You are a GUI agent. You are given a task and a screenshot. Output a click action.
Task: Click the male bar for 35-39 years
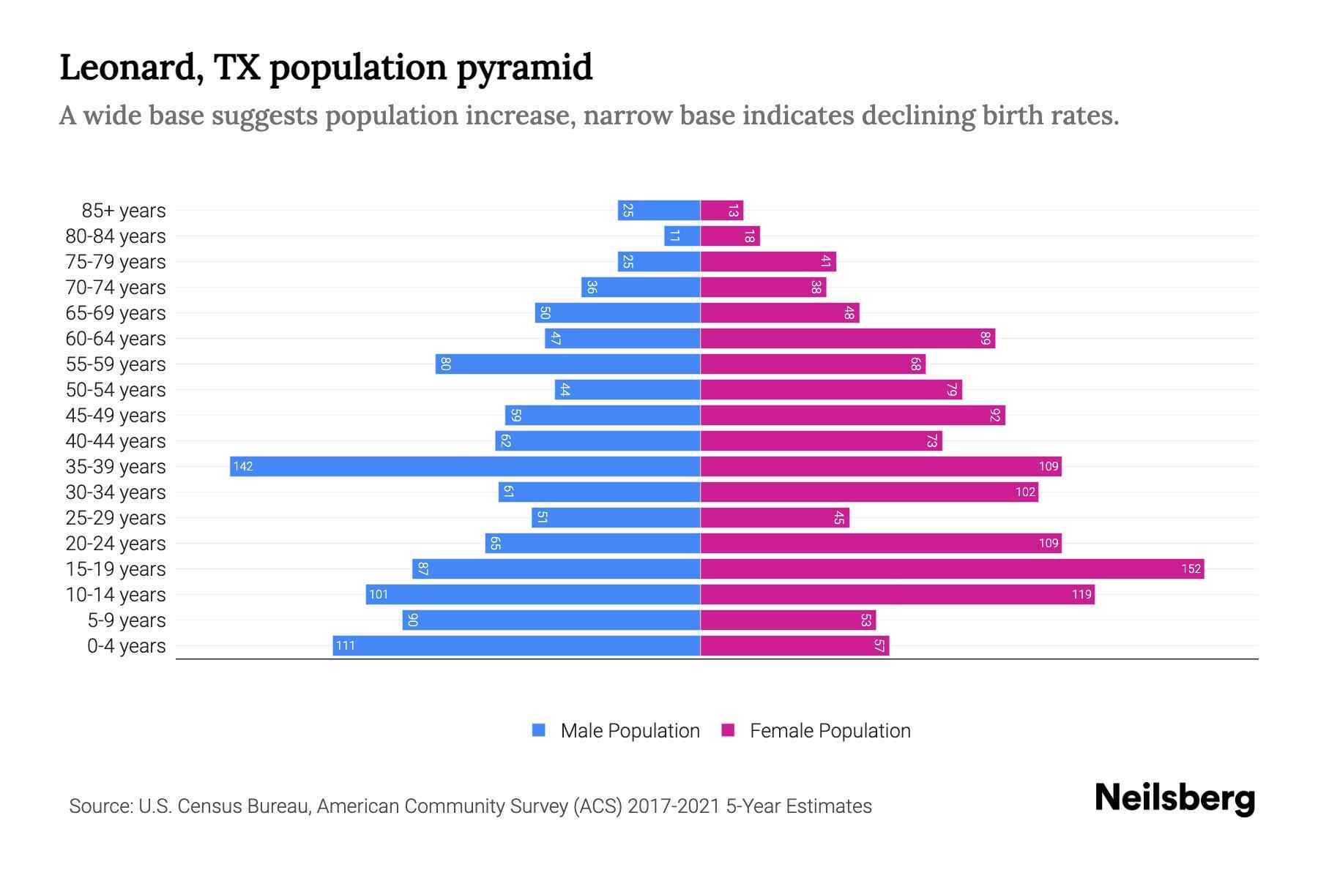pyautogui.click(x=465, y=467)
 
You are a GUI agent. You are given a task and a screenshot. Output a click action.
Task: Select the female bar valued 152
pyautogui.click(x=952, y=569)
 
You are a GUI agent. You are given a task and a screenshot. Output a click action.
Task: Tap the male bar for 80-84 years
pyautogui.click(x=682, y=236)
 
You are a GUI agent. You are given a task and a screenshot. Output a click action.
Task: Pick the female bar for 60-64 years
pyautogui.click(x=847, y=339)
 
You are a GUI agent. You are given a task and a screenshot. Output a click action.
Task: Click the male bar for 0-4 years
pyautogui.click(x=516, y=646)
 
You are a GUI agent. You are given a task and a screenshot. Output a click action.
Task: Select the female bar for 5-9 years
pyautogui.click(x=788, y=620)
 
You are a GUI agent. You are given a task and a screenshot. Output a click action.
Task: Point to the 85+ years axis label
pyautogui.click(x=124, y=211)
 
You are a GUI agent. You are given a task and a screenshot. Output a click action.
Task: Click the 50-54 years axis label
pyautogui.click(x=116, y=390)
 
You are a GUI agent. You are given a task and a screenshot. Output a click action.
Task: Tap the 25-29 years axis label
pyautogui.click(x=116, y=518)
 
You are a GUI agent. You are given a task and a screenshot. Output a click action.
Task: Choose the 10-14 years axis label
pyautogui.click(x=116, y=595)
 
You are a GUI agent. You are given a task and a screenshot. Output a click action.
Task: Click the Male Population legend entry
pyautogui.click(x=630, y=731)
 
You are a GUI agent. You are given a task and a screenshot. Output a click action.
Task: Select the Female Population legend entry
pyautogui.click(x=830, y=731)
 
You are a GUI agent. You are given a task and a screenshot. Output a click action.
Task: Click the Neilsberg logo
pyautogui.click(x=1174, y=798)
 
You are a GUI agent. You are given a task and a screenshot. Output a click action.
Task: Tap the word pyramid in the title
pyautogui.click(x=524, y=67)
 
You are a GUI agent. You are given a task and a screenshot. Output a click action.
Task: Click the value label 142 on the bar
pyautogui.click(x=243, y=467)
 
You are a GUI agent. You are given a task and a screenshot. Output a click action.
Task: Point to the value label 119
pyautogui.click(x=1081, y=595)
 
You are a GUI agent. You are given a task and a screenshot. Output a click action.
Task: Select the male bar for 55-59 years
pyautogui.click(x=567, y=364)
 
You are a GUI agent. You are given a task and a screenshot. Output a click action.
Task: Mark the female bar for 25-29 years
pyautogui.click(x=775, y=518)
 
